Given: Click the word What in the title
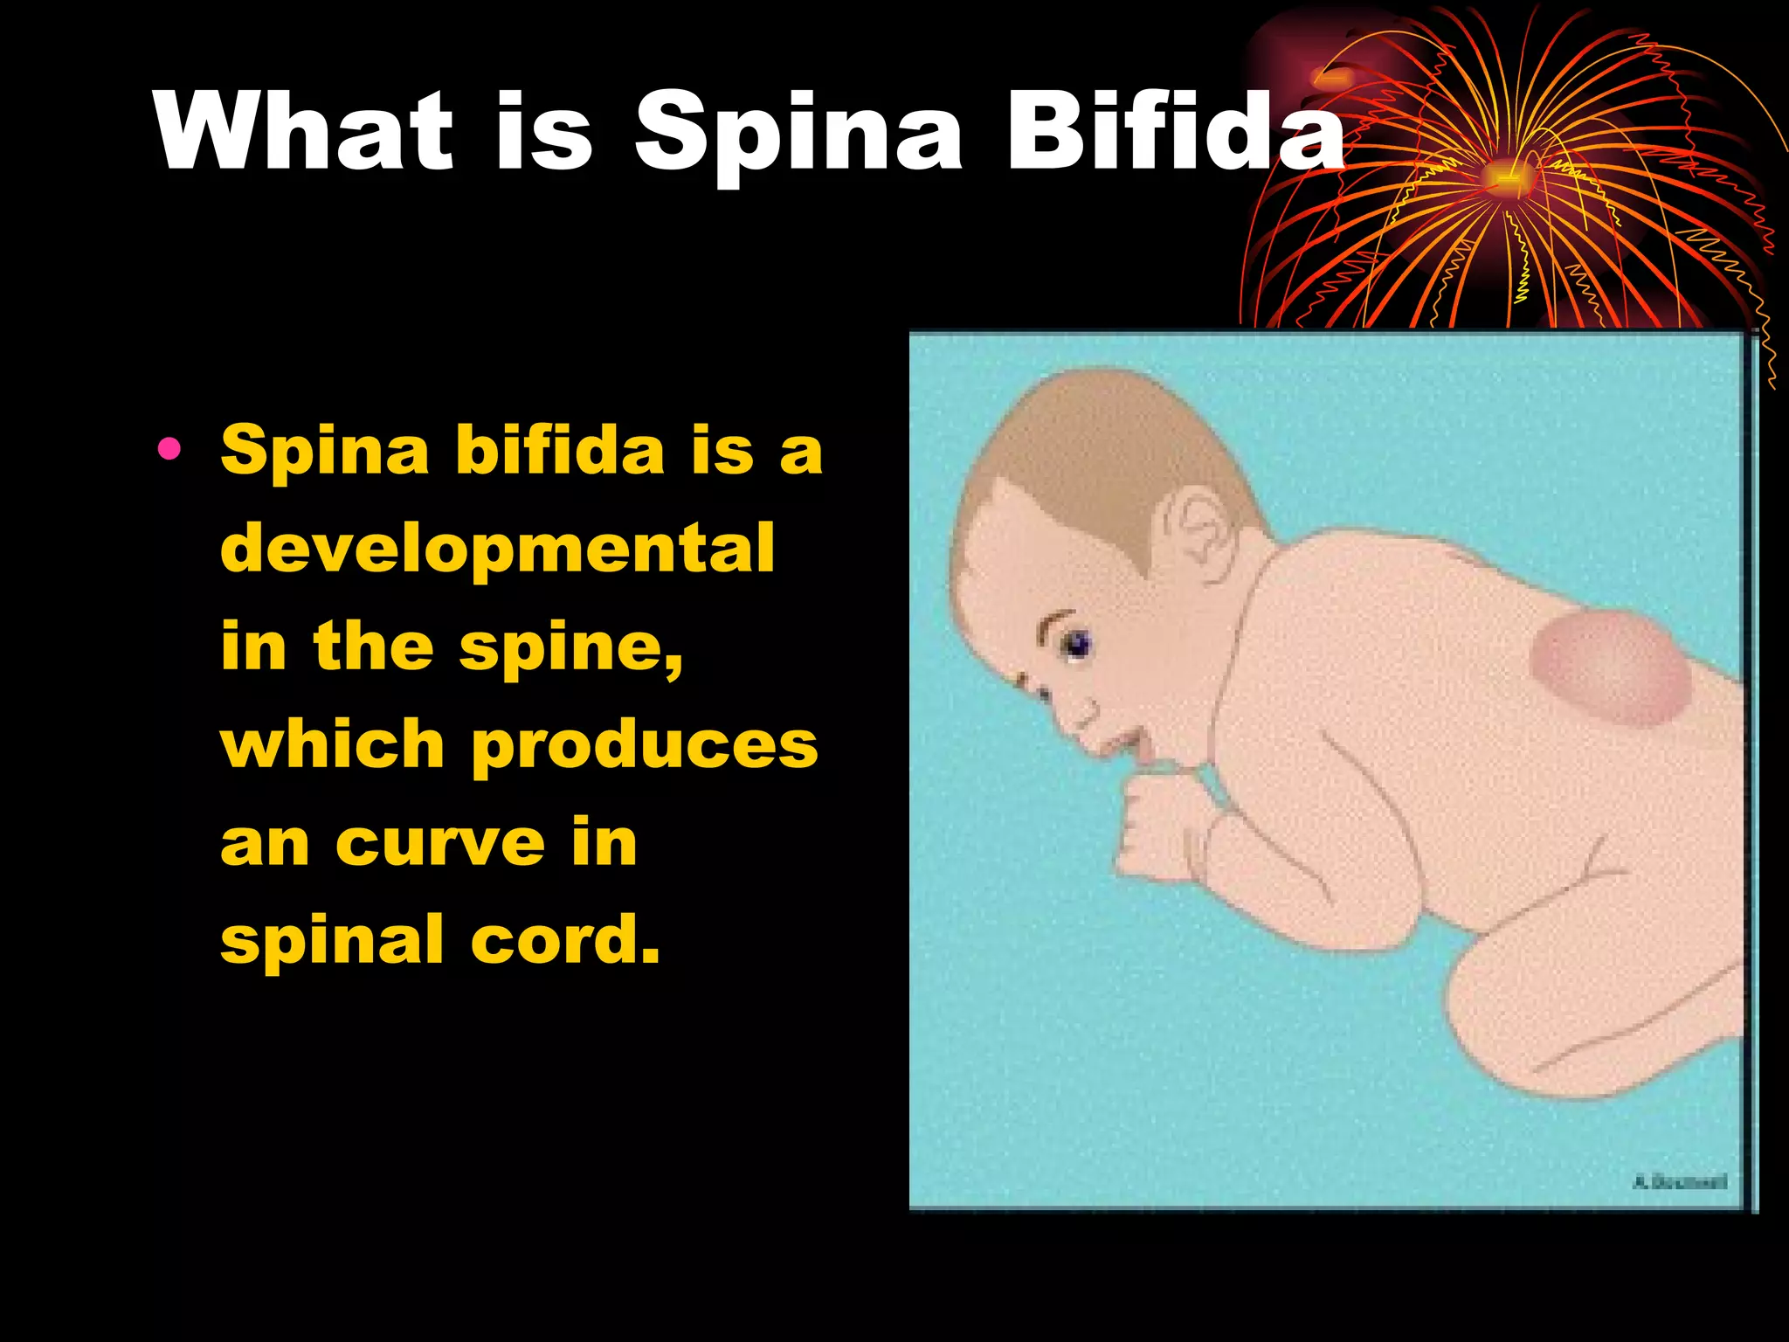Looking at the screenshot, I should [304, 131].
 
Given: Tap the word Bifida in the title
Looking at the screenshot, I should [1175, 131].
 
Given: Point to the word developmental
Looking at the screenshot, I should [498, 549].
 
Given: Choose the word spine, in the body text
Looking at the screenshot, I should [571, 648].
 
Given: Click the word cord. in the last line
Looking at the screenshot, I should [565, 940].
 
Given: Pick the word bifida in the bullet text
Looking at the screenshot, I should [560, 450].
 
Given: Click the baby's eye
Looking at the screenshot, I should [1074, 645].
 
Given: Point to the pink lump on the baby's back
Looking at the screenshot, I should [1610, 668].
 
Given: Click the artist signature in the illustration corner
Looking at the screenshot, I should [1679, 1182].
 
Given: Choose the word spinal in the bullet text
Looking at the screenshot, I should [333, 940].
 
